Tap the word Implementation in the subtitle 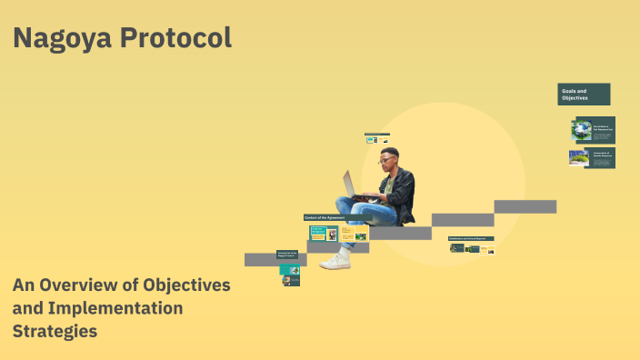click(114, 308)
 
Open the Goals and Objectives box click(584, 94)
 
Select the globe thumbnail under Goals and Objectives click(581, 129)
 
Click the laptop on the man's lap click(354, 185)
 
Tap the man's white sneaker click(335, 261)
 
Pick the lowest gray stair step click(275, 259)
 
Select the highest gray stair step click(525, 206)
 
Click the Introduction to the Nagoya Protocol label click(288, 255)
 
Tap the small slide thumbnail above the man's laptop click(377, 138)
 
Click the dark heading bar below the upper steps click(471, 238)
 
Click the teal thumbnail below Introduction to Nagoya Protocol click(289, 268)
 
